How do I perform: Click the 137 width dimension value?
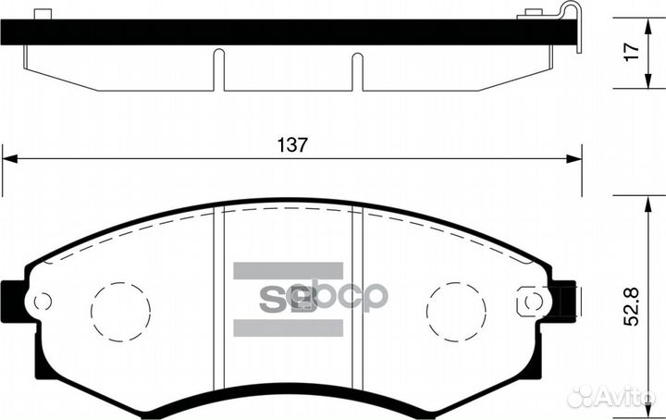click(291, 145)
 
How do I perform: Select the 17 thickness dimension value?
click(632, 53)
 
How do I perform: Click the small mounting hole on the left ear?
click(41, 302)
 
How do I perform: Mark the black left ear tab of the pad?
click(13, 301)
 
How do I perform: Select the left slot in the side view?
click(218, 70)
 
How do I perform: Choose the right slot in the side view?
click(357, 70)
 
